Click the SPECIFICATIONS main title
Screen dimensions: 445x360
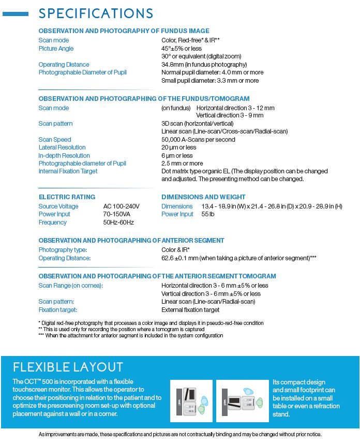[96, 13]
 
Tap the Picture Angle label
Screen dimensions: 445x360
[56, 49]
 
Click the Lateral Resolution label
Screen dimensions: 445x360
[62, 147]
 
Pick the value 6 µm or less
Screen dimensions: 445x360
[177, 156]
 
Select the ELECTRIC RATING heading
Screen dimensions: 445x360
[67, 197]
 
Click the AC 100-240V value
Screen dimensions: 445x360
[121, 206]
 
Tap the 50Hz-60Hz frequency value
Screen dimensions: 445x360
[118, 222]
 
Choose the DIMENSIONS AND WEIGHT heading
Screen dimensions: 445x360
[203, 197]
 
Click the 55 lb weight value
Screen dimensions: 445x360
[208, 214]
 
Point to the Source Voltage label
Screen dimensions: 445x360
[58, 206]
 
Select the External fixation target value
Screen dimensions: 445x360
[190, 310]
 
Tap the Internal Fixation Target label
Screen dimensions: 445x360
[68, 171]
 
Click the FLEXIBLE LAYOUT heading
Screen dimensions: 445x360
[68, 367]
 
